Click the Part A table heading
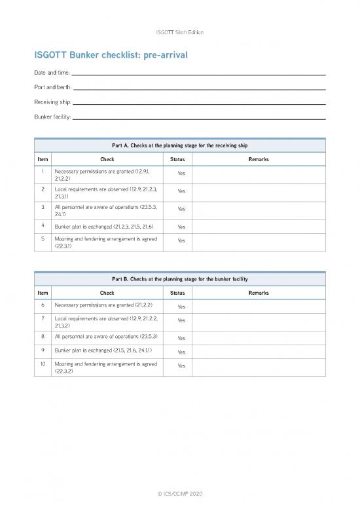pyautogui.click(x=179, y=145)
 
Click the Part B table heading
pyautogui.click(x=179, y=279)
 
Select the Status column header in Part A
pyautogui.click(x=177, y=159)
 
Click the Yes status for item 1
pyautogui.click(x=181, y=174)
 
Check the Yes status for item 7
pyautogui.click(x=181, y=321)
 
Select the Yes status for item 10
pyautogui.click(x=181, y=368)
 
